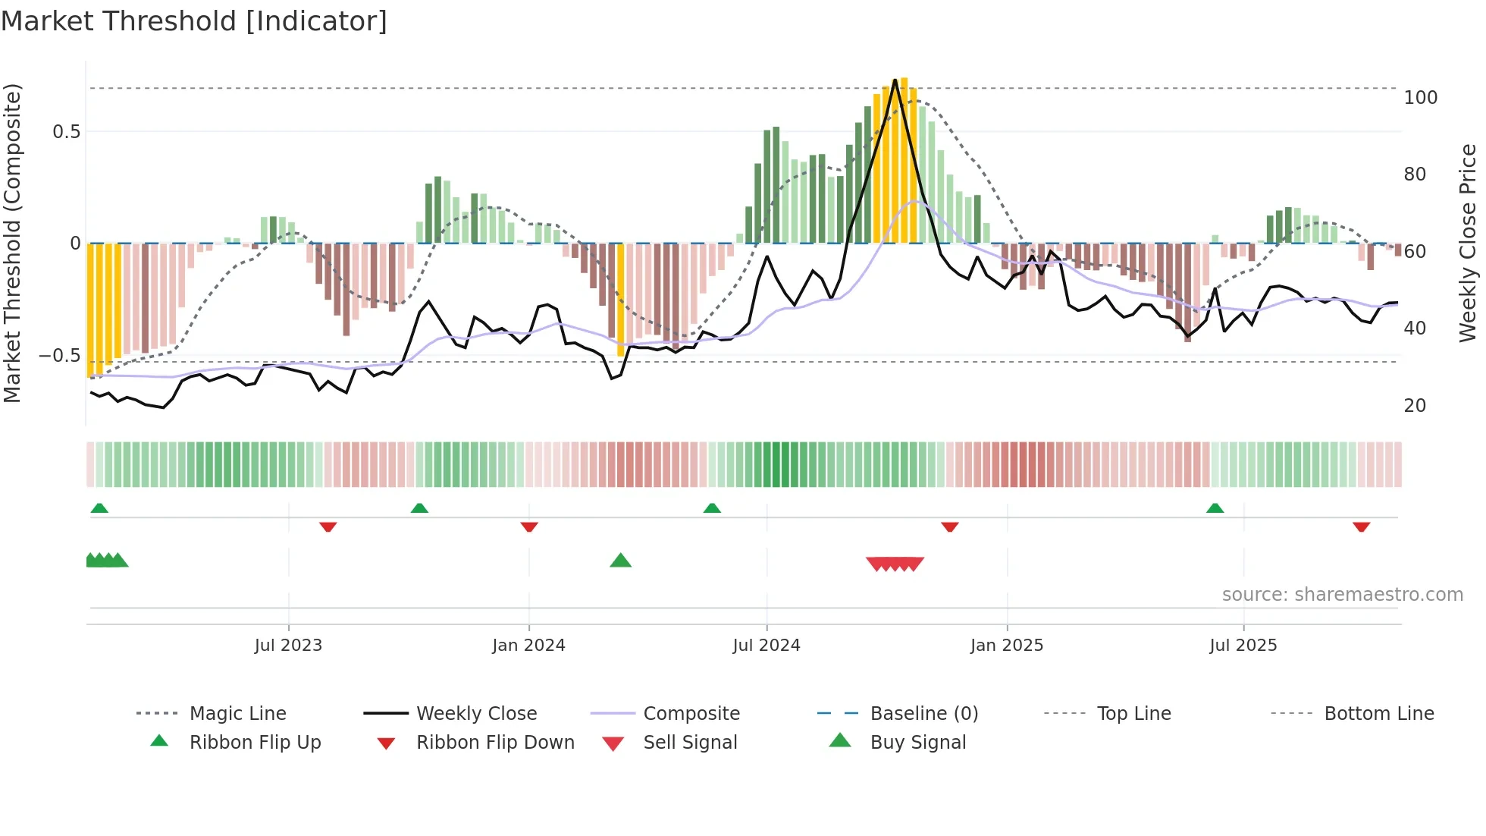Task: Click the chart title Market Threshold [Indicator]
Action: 194,21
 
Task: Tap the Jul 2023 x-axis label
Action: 288,646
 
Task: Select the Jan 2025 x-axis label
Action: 1007,646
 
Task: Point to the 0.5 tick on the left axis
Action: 66,132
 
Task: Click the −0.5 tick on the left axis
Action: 60,356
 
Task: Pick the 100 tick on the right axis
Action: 1420,98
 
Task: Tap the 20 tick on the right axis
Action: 1415,406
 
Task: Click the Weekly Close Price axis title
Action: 1468,243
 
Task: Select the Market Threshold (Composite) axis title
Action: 12,243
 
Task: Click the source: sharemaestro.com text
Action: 1342,595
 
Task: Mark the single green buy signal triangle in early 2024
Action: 620,561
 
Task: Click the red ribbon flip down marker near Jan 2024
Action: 529,526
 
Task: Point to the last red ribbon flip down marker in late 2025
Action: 1361,526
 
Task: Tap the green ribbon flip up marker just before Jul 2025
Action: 1215,508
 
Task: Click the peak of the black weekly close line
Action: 895,80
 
